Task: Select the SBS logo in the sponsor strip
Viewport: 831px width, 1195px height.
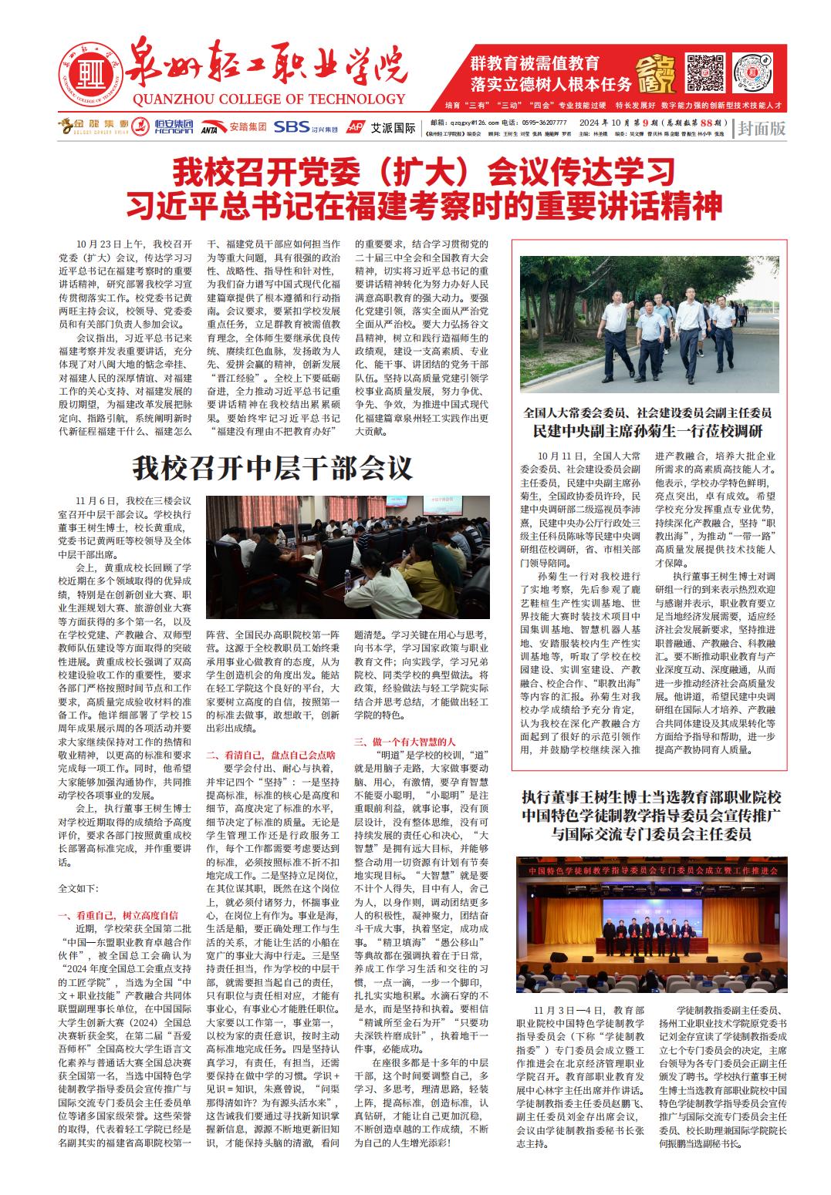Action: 292,126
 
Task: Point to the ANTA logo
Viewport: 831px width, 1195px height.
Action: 208,128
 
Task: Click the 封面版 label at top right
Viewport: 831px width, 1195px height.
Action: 762,128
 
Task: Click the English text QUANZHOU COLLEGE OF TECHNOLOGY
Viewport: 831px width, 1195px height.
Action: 269,99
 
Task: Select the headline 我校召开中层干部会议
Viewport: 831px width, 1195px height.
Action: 272,468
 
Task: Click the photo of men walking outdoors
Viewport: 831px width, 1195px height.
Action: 653,325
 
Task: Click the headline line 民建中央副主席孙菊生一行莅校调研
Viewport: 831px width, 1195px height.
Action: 647,431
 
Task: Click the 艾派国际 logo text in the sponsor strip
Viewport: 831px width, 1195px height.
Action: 393,127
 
